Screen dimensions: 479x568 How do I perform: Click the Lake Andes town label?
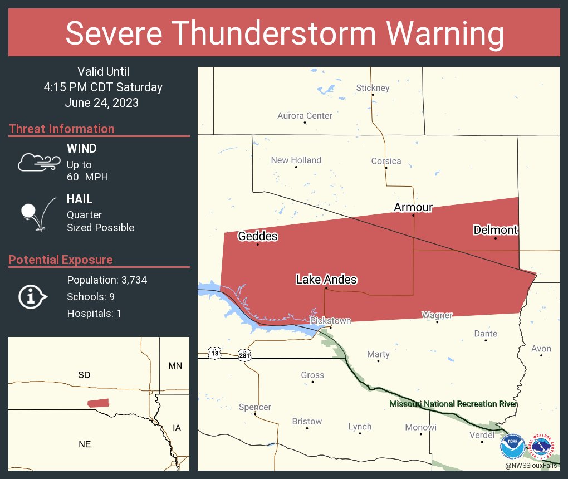(x=326, y=280)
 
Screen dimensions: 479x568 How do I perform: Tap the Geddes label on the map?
(x=257, y=236)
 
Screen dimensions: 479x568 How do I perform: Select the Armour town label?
(x=413, y=207)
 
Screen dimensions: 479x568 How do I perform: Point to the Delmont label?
(x=495, y=229)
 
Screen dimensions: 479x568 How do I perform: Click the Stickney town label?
(x=373, y=87)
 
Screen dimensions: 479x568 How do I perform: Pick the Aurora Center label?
(x=305, y=116)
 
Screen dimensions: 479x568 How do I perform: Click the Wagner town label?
(x=437, y=315)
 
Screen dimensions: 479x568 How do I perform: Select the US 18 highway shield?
(x=214, y=353)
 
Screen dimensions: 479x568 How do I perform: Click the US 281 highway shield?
(x=245, y=354)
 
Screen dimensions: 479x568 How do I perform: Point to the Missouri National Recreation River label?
(x=453, y=404)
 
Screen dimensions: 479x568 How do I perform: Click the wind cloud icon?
(x=38, y=162)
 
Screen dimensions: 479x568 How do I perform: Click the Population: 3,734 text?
(x=107, y=280)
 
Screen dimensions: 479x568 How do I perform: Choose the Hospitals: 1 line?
(x=94, y=314)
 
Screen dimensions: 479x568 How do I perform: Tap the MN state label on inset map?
(x=175, y=366)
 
